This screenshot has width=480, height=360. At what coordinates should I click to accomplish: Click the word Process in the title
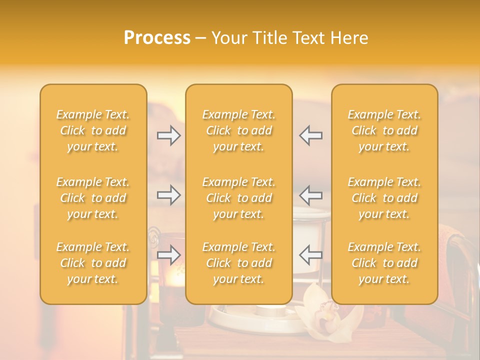[157, 38]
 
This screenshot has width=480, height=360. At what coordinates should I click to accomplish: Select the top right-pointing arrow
[168, 135]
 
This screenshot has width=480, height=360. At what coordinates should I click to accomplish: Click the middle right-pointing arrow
[168, 194]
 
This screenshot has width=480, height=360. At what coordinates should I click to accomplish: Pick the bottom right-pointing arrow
[168, 254]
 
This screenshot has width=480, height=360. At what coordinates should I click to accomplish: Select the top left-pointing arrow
[310, 135]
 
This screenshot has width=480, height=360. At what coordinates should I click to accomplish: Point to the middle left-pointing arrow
[310, 194]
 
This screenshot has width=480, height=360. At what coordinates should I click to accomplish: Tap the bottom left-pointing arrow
[310, 254]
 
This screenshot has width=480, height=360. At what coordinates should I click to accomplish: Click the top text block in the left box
[93, 130]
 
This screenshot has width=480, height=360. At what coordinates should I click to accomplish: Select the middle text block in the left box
[93, 198]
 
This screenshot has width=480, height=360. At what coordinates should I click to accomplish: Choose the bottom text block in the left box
[93, 263]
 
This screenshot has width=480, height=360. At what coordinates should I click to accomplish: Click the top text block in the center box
[239, 130]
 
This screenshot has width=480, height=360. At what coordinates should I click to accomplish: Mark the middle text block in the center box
[239, 198]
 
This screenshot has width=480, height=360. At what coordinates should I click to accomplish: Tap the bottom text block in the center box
[239, 263]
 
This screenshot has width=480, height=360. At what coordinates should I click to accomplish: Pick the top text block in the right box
[384, 130]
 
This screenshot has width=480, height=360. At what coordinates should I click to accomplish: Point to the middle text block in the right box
[384, 198]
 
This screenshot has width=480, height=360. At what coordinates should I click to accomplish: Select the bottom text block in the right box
[384, 263]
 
